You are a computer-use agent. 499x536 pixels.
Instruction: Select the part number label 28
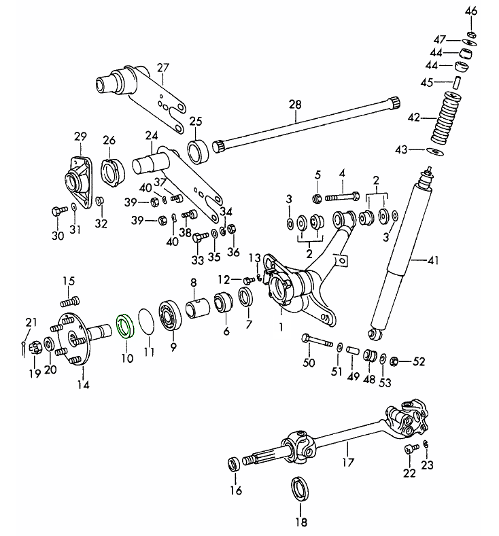(x=294, y=105)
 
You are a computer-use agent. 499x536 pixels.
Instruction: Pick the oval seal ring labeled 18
(x=300, y=490)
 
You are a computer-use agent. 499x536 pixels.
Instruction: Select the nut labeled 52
(x=398, y=359)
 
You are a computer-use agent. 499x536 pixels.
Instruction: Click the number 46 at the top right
(x=471, y=12)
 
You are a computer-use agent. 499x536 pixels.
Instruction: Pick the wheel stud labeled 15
(x=69, y=300)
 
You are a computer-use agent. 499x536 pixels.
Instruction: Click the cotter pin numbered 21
(x=25, y=347)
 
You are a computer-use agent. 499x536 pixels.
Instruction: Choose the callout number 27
(x=162, y=67)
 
